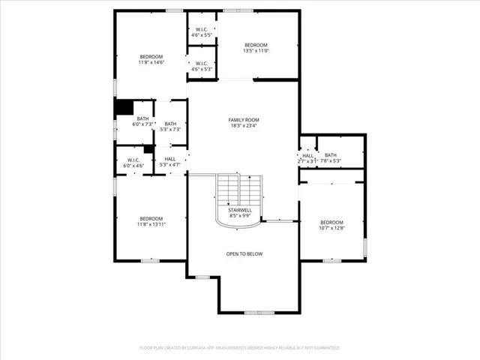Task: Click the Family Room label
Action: tap(244, 120)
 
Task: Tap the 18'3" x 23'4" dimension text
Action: tap(244, 126)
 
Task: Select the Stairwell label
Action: tap(240, 210)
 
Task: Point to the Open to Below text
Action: tap(244, 253)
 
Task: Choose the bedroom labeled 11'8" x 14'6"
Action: tap(151, 60)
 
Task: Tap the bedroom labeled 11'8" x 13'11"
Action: tap(151, 221)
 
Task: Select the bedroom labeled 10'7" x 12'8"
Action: tap(331, 225)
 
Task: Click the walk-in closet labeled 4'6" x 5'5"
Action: tap(202, 32)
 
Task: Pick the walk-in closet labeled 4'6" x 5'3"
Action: tap(202, 66)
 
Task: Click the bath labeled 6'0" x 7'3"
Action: tap(142, 121)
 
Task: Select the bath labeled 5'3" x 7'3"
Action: tap(170, 127)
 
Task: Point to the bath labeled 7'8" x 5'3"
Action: tap(331, 157)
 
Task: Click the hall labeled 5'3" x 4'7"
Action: tap(170, 161)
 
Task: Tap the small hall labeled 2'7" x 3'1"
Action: tap(307, 158)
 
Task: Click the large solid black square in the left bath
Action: tap(123, 108)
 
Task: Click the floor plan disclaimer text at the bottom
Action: tap(240, 348)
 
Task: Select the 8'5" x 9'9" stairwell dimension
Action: tap(240, 215)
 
